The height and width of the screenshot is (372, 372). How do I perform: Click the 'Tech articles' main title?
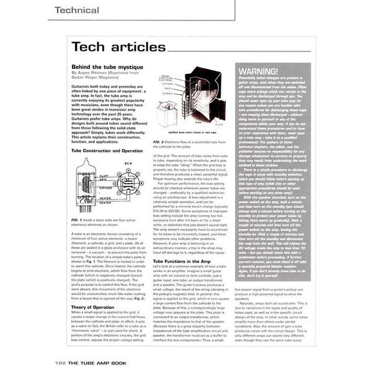pyautogui.click(x=118, y=46)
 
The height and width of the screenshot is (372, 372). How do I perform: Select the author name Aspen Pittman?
pyautogui.click(x=95, y=72)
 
